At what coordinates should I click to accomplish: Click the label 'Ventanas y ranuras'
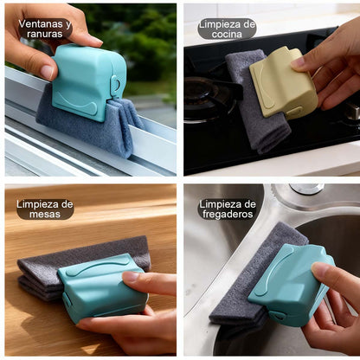(45, 29)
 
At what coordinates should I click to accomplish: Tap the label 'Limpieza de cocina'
(227, 29)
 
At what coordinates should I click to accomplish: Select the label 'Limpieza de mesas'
(45, 209)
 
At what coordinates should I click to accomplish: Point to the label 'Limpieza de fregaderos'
(228, 209)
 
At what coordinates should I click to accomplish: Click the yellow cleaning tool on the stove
(283, 82)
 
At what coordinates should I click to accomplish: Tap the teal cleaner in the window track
(88, 82)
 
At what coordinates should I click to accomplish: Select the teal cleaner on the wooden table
(101, 286)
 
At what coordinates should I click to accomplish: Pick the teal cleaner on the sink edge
(292, 284)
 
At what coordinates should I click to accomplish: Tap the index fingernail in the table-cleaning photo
(131, 276)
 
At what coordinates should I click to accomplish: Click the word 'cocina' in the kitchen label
(227, 35)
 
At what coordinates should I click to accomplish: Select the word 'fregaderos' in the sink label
(228, 215)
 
